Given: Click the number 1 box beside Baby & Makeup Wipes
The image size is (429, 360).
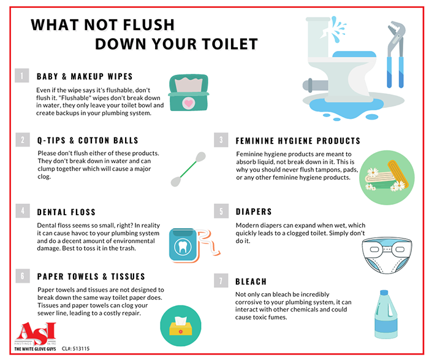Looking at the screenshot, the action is (22, 75).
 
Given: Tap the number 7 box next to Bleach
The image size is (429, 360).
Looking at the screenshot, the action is (221, 281).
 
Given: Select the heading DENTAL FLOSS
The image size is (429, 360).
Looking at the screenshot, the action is (66, 212).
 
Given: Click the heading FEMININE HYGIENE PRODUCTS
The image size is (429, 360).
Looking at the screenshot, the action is (298, 140).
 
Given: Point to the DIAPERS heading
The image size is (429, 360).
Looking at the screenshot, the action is (254, 212).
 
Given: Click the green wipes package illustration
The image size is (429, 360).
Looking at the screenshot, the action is (189, 93).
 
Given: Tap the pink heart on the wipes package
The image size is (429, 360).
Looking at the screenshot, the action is (189, 103).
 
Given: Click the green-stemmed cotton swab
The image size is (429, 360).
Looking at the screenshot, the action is (188, 169).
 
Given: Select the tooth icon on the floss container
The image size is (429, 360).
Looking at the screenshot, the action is (183, 246).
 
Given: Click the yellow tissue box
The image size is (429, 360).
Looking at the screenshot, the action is (181, 326).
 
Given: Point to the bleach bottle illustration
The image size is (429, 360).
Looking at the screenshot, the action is (385, 315).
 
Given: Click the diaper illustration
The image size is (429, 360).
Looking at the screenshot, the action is (387, 255).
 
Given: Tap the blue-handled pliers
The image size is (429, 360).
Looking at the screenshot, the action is (395, 55).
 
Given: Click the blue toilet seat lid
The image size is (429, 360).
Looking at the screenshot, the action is (354, 54).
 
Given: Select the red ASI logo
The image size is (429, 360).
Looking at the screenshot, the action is (36, 334).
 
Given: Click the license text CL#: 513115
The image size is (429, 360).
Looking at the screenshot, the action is (75, 348).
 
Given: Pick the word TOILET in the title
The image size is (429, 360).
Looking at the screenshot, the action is (230, 44).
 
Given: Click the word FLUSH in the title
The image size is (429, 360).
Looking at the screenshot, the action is (148, 25).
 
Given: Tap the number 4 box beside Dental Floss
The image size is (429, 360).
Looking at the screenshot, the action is (23, 210).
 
